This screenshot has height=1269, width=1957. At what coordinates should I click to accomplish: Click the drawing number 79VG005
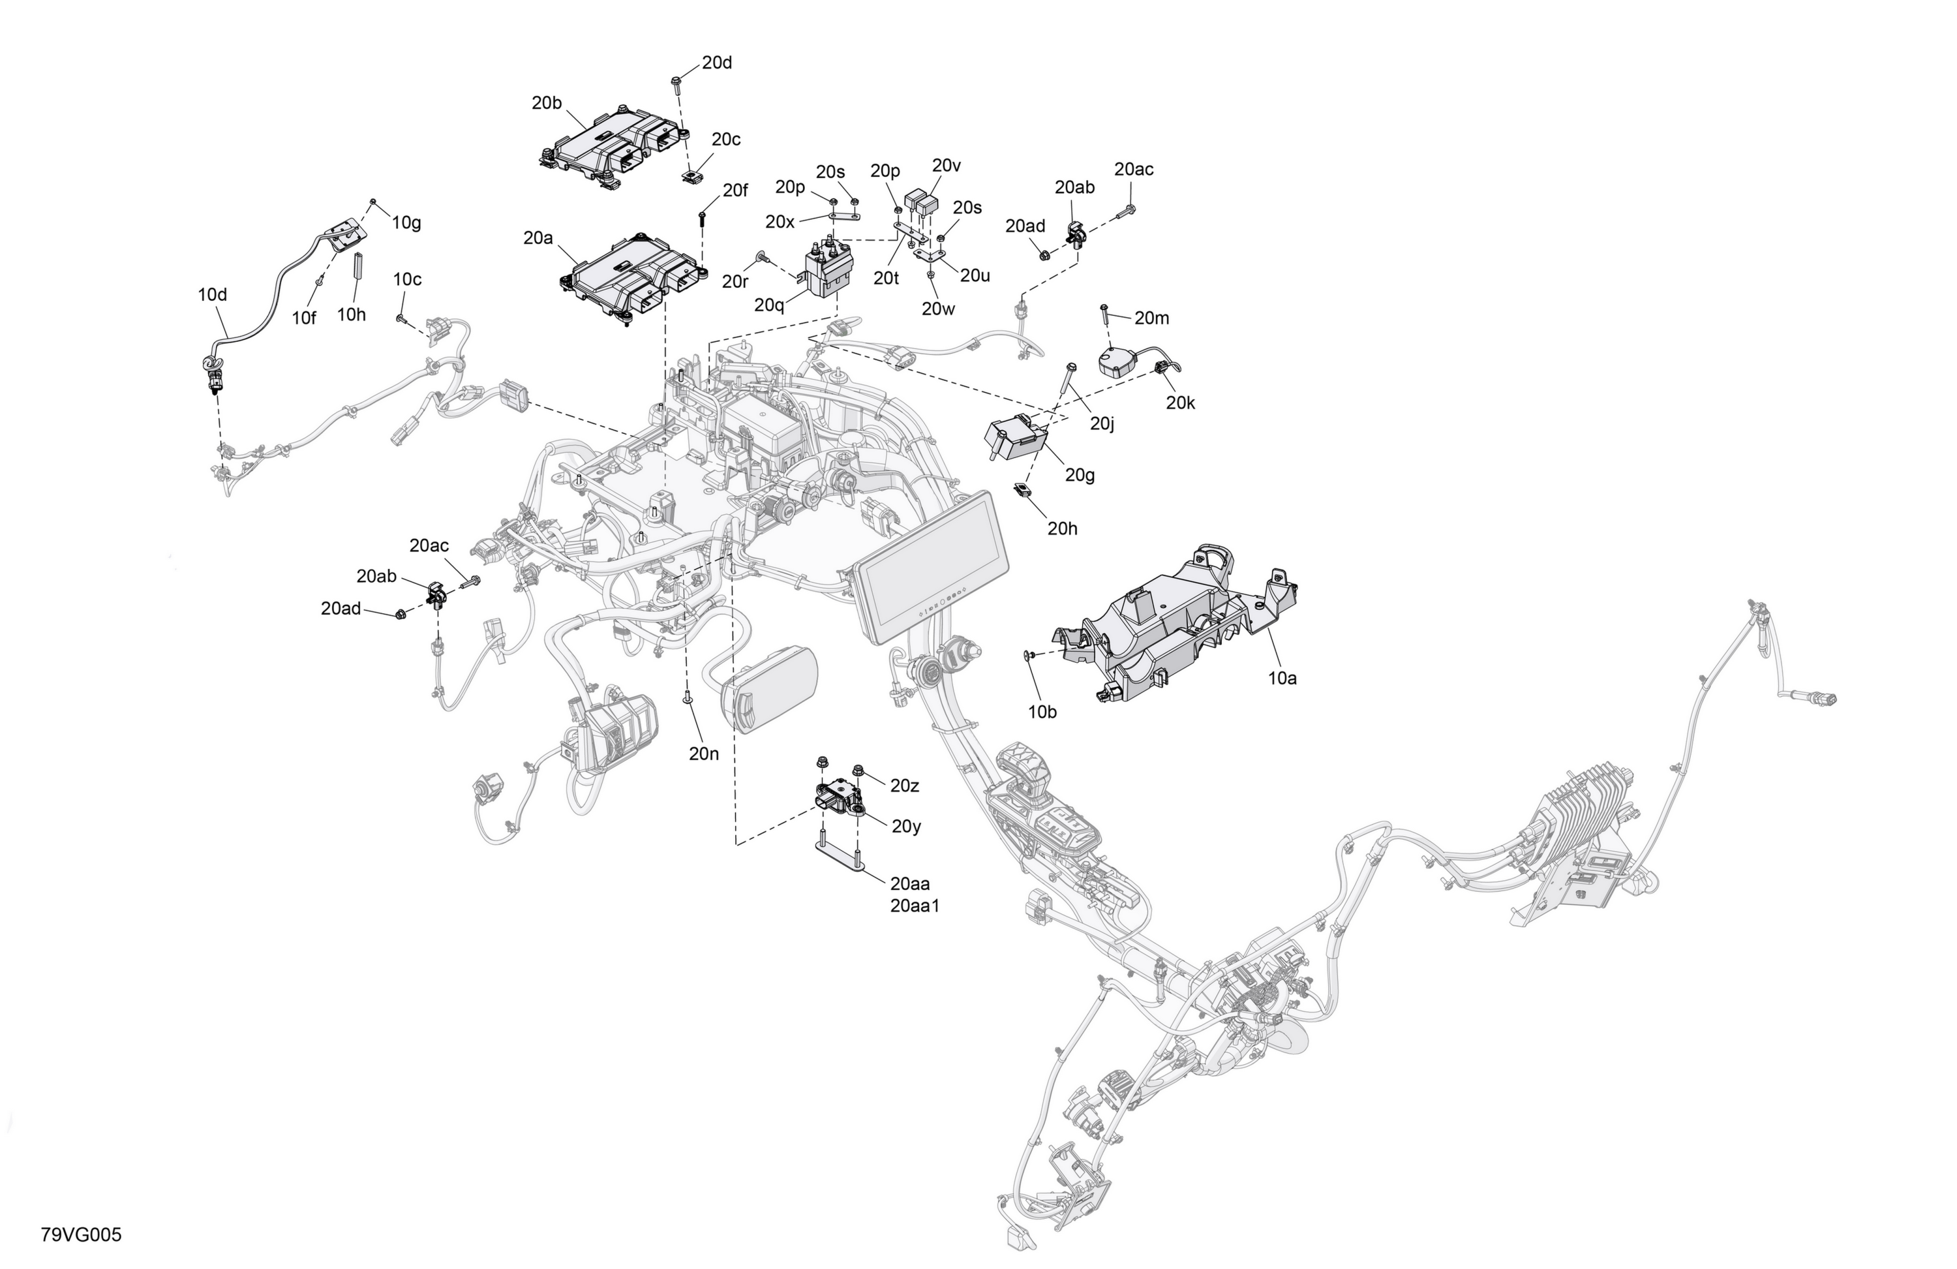pos(81,1234)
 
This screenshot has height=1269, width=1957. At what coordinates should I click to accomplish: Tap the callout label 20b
pos(546,103)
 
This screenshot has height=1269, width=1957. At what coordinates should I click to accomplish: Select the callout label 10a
pos(1282,678)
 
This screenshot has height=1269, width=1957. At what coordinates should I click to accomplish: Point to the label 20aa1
pos(915,906)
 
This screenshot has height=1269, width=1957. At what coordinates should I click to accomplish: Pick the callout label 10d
pos(212,294)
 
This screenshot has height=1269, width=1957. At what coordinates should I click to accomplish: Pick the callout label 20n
pos(704,754)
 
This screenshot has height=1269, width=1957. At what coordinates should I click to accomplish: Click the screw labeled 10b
pos(1029,656)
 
